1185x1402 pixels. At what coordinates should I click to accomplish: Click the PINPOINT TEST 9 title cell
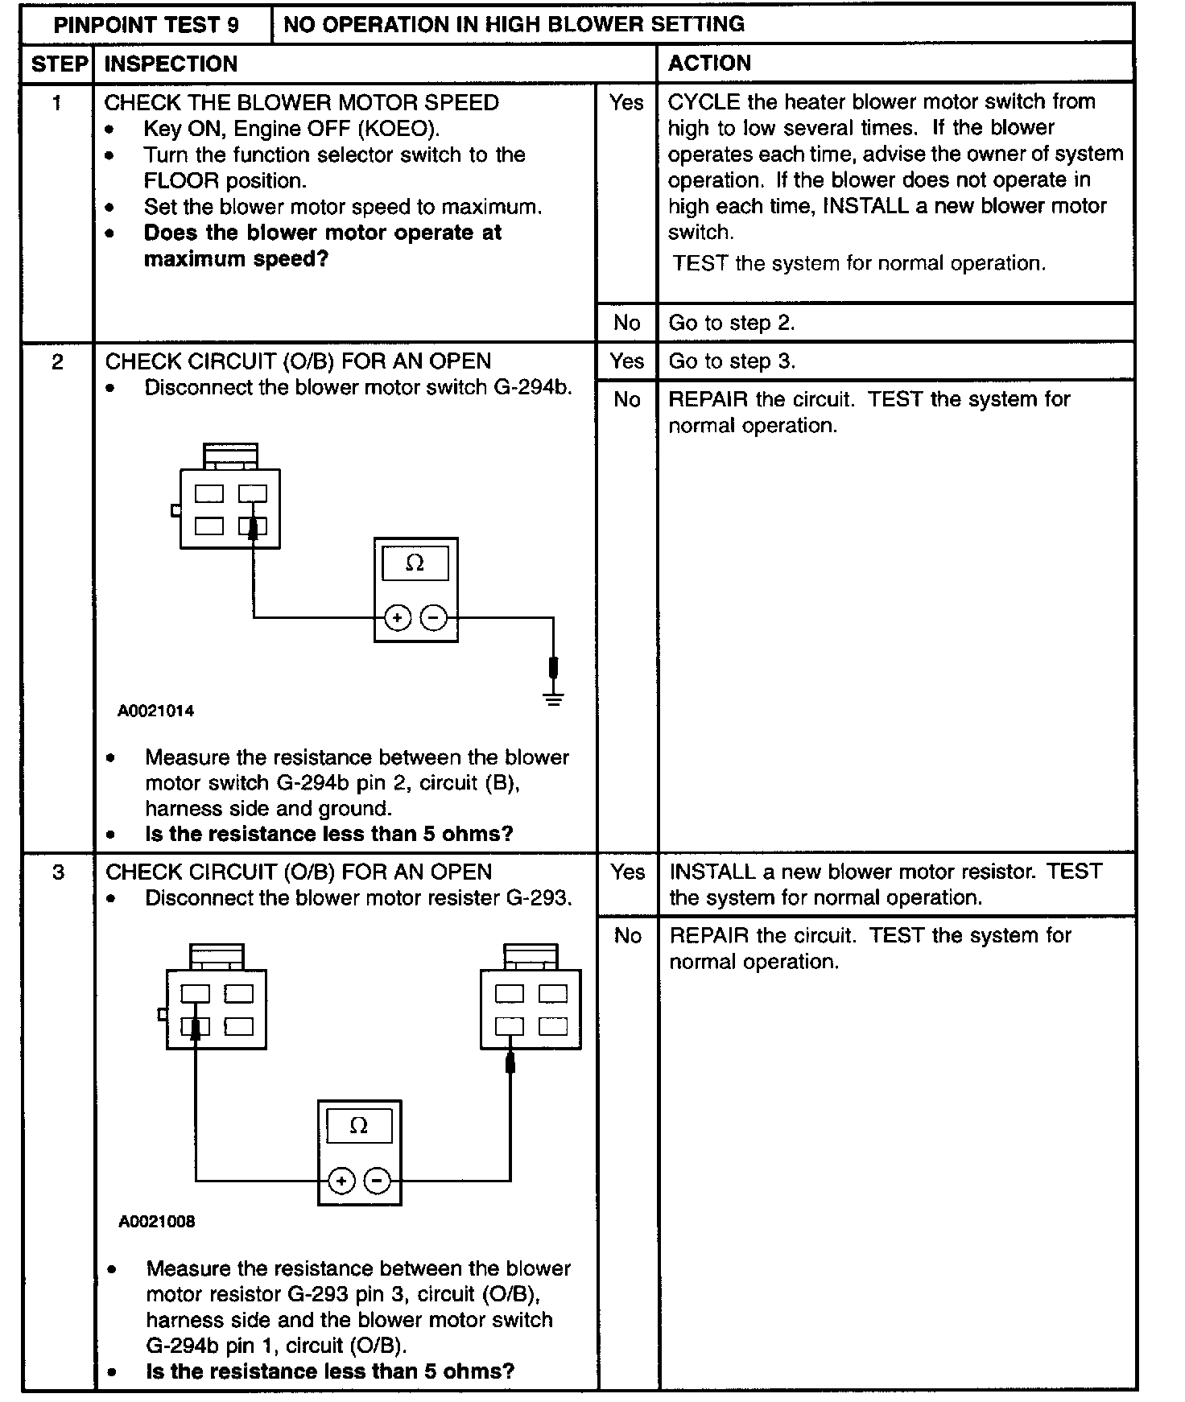146,25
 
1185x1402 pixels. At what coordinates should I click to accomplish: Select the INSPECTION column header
171,64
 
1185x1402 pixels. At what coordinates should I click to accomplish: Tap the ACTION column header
709,63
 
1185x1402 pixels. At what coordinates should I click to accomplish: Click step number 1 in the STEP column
56,103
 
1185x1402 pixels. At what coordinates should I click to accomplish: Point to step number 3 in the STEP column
58,872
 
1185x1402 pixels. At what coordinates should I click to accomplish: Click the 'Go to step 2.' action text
731,323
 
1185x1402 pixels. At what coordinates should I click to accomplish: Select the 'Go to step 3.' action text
731,361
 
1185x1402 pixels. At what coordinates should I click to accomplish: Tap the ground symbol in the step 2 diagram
553,697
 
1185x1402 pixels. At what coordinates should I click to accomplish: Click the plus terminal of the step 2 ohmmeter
397,618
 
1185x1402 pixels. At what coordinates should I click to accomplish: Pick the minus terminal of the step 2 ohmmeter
434,618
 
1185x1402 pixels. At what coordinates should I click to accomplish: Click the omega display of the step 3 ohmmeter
359,1126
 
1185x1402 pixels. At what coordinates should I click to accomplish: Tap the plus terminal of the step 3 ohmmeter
341,1181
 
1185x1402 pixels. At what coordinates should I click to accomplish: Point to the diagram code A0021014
155,711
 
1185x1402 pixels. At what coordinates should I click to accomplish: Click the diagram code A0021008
156,1222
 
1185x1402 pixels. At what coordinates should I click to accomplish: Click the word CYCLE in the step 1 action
704,102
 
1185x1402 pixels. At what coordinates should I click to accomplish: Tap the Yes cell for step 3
627,872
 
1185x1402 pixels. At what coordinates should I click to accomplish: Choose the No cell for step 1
626,323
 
